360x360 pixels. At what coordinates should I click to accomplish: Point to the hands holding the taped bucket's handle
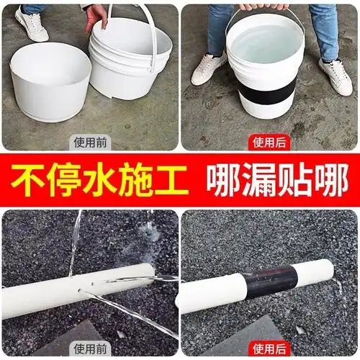[266, 6]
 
